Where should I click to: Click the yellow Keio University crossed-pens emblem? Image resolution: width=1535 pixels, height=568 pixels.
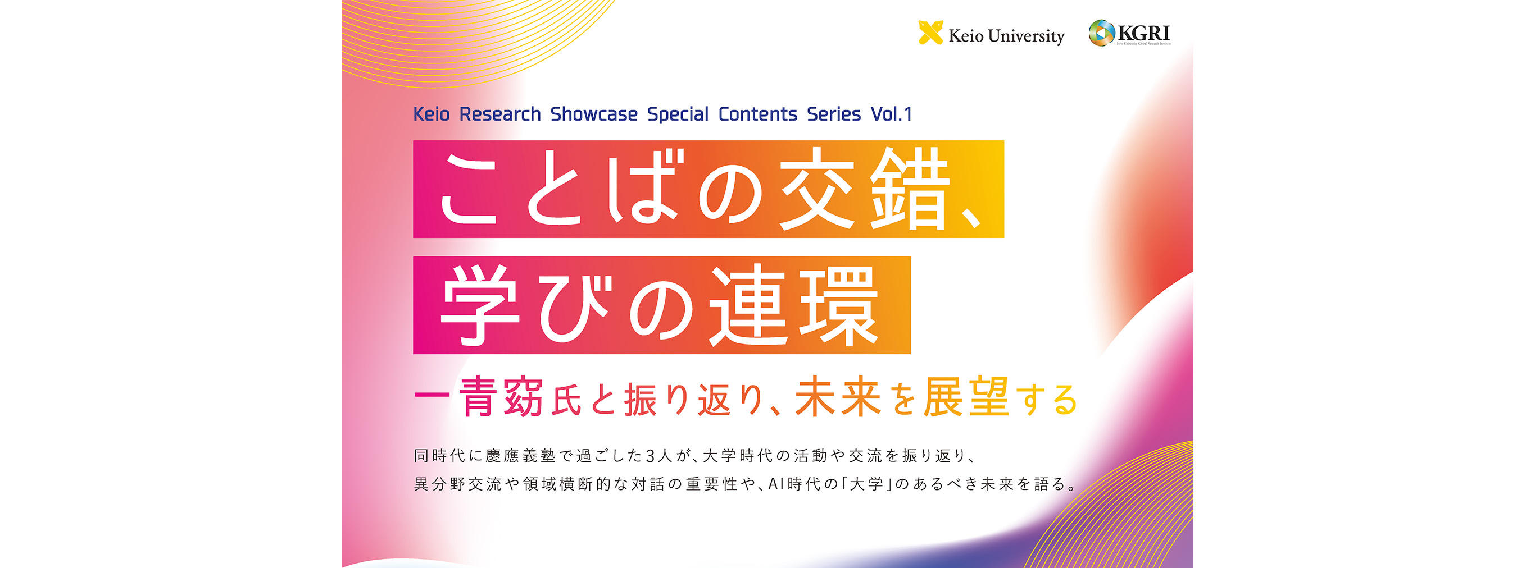930,33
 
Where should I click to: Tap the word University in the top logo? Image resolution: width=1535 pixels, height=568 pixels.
1026,36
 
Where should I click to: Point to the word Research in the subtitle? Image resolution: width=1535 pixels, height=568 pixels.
500,114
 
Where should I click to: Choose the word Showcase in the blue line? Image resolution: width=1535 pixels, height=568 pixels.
593,114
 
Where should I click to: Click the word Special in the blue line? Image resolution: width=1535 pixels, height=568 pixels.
678,114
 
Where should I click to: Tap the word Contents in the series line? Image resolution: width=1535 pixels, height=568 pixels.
757,114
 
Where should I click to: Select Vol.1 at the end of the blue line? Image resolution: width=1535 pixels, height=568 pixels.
892,114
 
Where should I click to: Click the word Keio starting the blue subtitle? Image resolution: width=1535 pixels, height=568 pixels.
432,114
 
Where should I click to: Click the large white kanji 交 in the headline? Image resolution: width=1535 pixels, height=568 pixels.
818,189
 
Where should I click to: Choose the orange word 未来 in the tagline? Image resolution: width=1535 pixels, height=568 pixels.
838,397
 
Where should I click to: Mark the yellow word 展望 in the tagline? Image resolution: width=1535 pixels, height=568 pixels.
966,397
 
